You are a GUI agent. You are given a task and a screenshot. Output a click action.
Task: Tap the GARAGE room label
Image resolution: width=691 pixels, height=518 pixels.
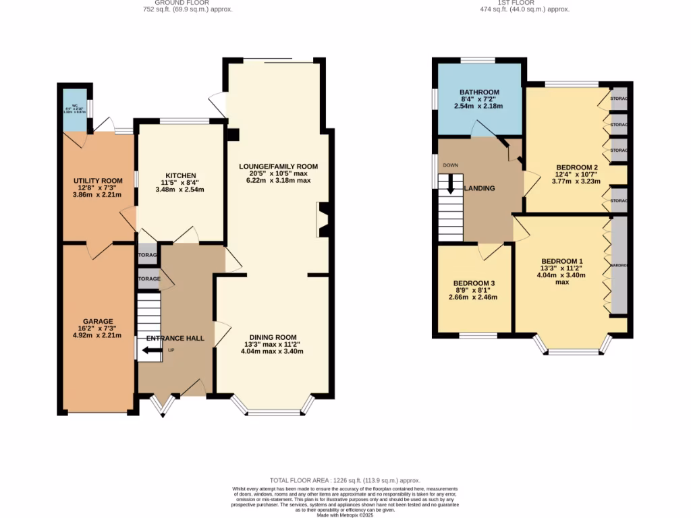[x=98, y=321]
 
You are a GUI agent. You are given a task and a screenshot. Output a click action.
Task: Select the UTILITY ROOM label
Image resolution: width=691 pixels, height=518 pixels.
[x=98, y=181]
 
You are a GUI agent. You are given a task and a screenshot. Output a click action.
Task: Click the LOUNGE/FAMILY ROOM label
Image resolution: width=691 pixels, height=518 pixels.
[x=278, y=166]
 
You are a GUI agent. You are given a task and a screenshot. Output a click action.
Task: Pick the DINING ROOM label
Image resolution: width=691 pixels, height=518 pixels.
[x=273, y=337]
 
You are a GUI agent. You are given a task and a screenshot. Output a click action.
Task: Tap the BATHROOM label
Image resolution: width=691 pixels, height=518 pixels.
[x=479, y=92]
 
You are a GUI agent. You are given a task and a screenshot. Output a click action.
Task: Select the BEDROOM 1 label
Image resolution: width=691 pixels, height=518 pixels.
[x=561, y=261]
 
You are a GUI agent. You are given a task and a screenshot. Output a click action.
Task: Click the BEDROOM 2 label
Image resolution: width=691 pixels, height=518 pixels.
[x=577, y=167]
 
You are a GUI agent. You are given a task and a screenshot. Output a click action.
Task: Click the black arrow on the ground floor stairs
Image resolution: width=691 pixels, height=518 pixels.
[x=152, y=350]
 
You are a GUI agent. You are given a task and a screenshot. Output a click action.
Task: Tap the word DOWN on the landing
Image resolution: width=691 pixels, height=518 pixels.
[x=450, y=165]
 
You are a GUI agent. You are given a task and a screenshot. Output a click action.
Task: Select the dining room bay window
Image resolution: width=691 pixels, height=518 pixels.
[x=273, y=407]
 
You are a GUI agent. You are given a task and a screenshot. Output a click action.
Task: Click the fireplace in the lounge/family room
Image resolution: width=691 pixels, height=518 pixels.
[x=322, y=220]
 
